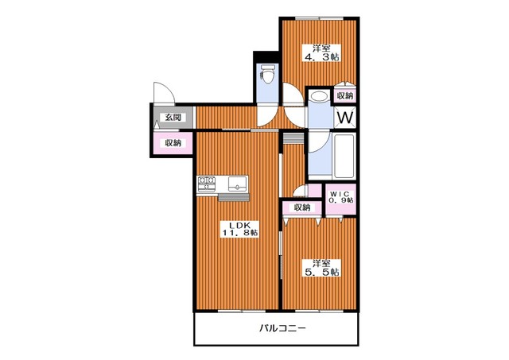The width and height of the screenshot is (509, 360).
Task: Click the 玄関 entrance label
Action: [x=172, y=118]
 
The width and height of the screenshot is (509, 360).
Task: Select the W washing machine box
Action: [x=344, y=118]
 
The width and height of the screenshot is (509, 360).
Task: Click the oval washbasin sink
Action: [x=318, y=97]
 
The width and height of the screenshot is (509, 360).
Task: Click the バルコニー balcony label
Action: [x=281, y=328]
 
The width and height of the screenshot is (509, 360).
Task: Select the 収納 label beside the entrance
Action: [x=173, y=143]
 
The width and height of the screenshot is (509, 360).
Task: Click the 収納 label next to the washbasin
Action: [x=344, y=96]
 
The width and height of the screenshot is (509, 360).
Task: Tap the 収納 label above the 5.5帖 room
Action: [x=301, y=207]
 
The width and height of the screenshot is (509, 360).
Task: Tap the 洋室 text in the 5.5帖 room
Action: [x=321, y=262]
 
